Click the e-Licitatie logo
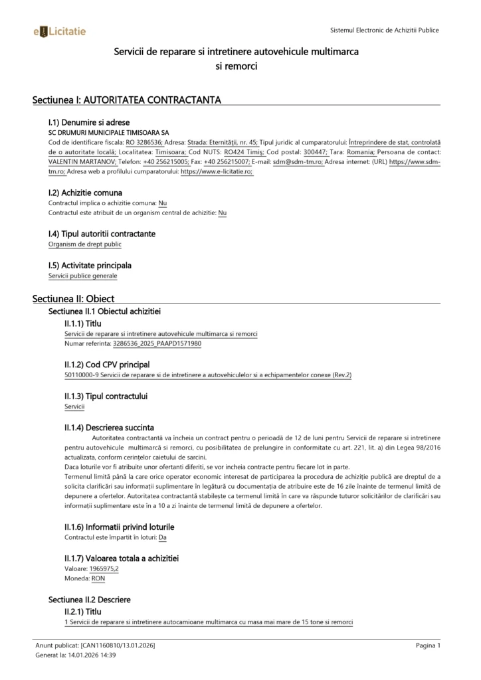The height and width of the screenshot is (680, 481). click(59, 31)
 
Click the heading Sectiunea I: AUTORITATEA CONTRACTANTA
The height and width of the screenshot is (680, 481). click(126, 100)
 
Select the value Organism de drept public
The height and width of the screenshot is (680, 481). click(85, 244)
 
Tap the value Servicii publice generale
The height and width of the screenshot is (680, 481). click(82, 276)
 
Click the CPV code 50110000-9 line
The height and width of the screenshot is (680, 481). click(207, 375)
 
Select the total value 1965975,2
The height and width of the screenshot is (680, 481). click(104, 569)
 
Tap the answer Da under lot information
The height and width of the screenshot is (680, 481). click(163, 537)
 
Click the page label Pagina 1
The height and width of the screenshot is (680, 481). click(429, 645)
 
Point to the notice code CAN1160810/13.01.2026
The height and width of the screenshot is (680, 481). click(118, 645)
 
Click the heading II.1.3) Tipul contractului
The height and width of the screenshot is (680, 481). click(106, 396)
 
